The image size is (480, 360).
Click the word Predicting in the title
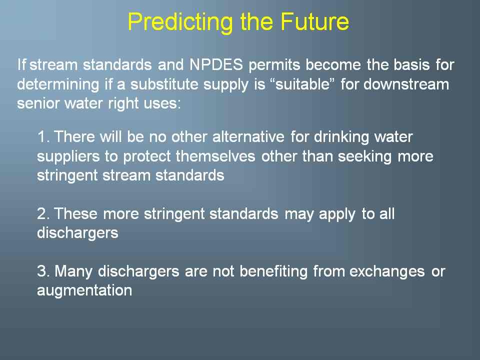click(x=180, y=22)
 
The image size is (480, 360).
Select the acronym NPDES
click(x=216, y=64)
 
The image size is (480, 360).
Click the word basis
click(x=411, y=64)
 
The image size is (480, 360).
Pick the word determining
click(x=58, y=84)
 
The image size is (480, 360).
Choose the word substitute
click(x=164, y=84)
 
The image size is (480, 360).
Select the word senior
click(x=37, y=103)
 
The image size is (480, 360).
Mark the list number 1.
click(x=43, y=136)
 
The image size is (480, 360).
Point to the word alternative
click(x=248, y=136)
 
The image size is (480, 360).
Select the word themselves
click(x=215, y=156)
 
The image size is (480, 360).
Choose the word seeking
click(x=364, y=156)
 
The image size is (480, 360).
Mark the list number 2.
click(x=43, y=213)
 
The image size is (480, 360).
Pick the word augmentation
click(x=84, y=290)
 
